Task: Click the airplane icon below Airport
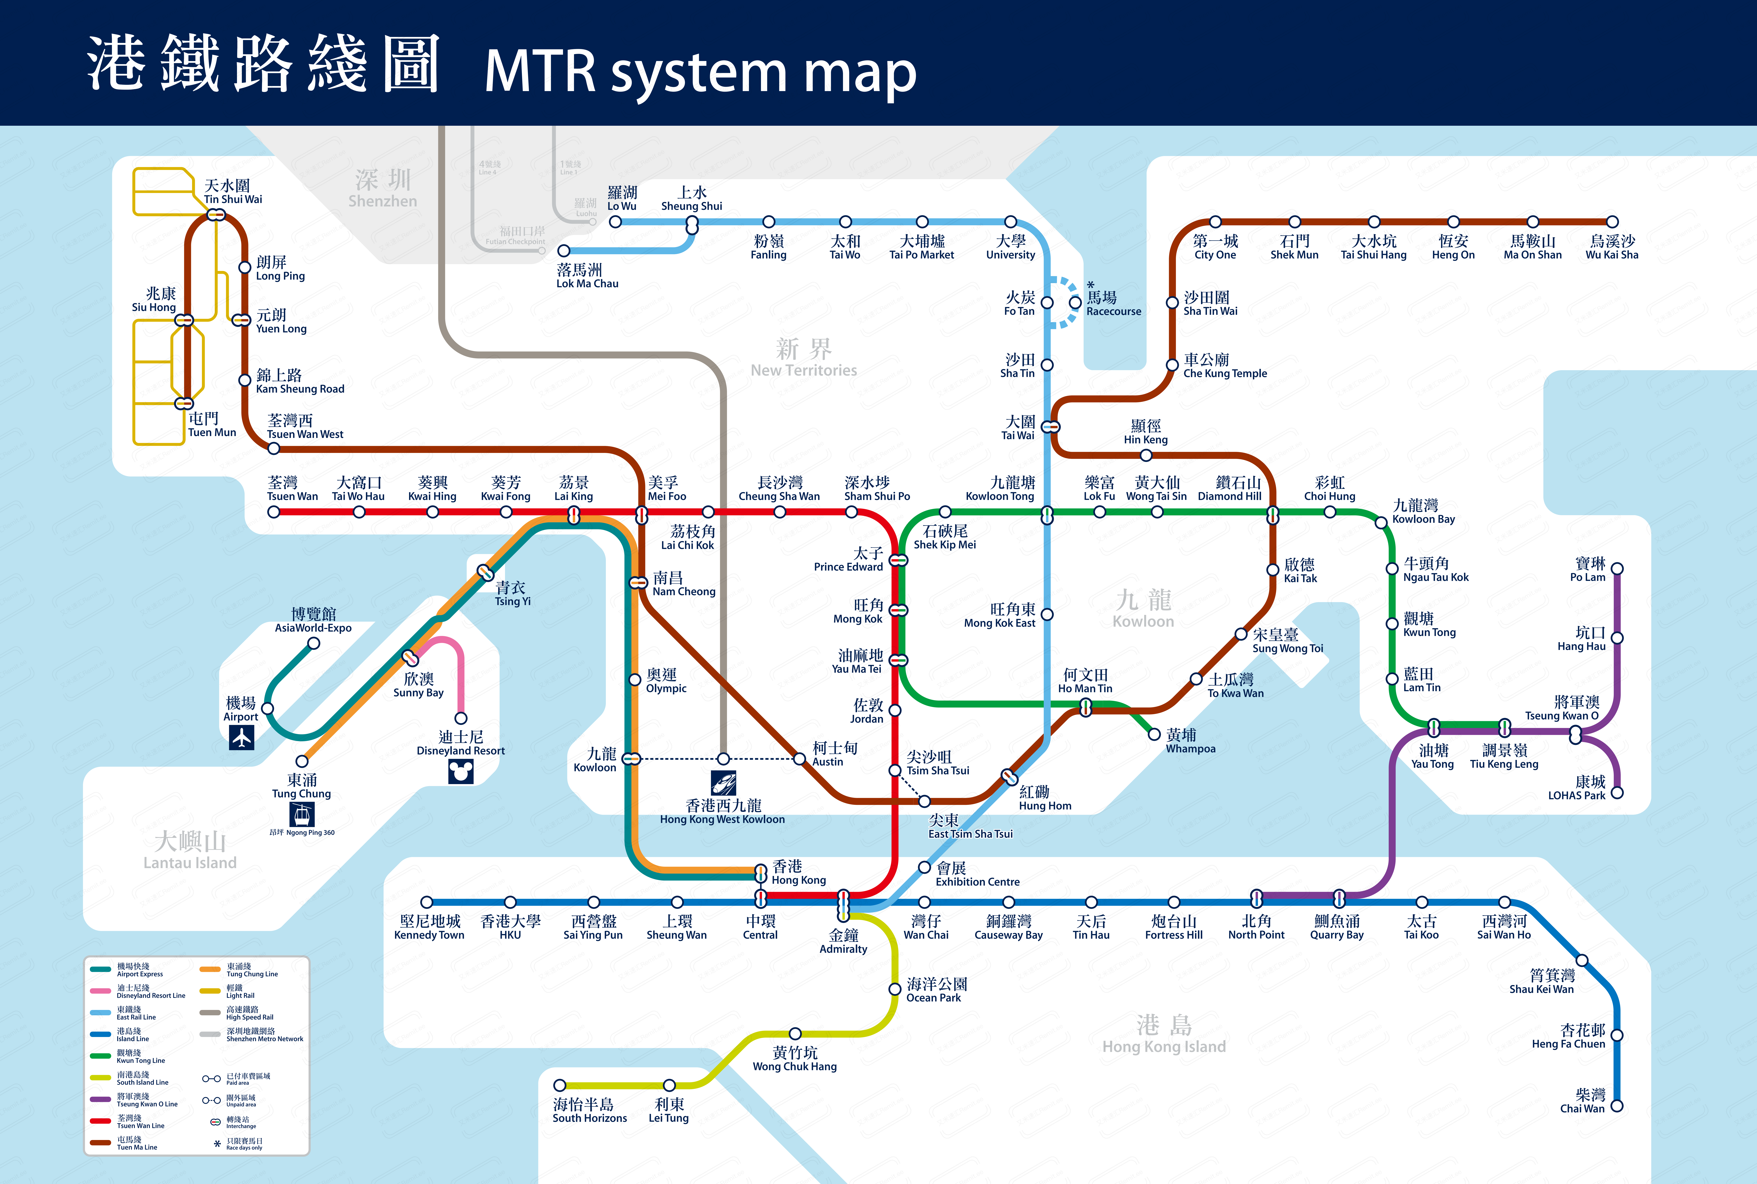click(242, 738)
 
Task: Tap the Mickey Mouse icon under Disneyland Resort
click(461, 771)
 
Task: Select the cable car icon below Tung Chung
click(302, 814)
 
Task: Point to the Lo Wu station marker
click(615, 222)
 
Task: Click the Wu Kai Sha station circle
click(1612, 222)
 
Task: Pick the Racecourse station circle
click(1075, 303)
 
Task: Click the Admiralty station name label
click(843, 942)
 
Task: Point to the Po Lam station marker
click(1617, 569)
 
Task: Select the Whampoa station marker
click(1154, 734)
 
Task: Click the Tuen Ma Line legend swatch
click(100, 1143)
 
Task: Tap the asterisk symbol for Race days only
click(218, 1144)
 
